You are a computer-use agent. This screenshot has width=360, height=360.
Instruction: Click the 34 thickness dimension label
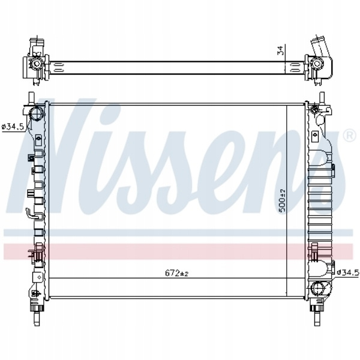[280, 51]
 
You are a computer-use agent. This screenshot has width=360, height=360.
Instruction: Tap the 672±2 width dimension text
[176, 273]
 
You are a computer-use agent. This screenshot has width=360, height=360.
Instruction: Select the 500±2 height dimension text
[282, 200]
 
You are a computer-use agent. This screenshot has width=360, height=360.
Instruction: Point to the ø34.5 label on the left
[13, 127]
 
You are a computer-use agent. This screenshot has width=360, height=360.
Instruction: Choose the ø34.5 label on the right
[348, 272]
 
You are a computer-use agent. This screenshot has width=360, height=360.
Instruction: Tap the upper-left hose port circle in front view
[37, 113]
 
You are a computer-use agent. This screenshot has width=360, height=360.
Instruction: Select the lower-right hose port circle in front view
[318, 288]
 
